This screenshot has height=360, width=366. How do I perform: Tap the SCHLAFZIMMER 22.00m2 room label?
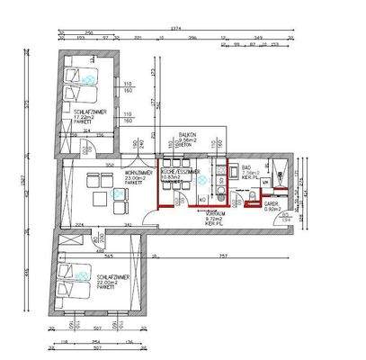[116, 281]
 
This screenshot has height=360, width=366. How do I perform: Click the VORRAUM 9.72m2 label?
[213, 218]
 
